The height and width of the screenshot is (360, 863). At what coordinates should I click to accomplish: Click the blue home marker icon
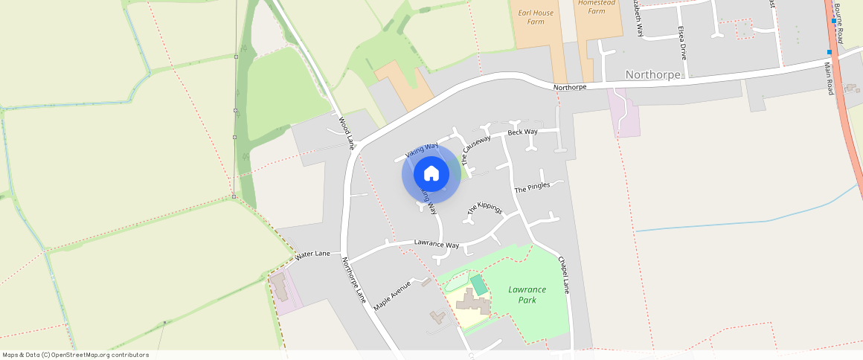pyautogui.click(x=431, y=174)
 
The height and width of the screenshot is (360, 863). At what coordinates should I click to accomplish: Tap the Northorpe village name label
pyautogui.click(x=653, y=74)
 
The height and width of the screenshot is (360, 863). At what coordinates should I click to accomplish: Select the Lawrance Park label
pyautogui.click(x=527, y=295)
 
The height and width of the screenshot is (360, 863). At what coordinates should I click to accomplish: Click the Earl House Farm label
pyautogui.click(x=531, y=17)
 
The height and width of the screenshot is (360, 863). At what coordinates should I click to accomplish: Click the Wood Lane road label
pyautogui.click(x=346, y=132)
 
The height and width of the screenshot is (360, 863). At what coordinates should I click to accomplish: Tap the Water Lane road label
pyautogui.click(x=312, y=254)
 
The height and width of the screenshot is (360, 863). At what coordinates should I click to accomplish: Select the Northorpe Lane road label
pyautogui.click(x=354, y=280)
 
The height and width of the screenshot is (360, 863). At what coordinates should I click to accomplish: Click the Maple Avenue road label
pyautogui.click(x=392, y=295)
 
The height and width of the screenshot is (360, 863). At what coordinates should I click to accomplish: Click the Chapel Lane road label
pyautogui.click(x=563, y=274)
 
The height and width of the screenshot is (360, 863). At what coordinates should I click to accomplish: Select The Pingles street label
pyautogui.click(x=532, y=187)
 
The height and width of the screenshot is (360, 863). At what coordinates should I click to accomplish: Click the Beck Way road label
pyautogui.click(x=522, y=132)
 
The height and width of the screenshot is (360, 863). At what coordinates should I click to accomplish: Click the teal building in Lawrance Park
pyautogui.click(x=479, y=284)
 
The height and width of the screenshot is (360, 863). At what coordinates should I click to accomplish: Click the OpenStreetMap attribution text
pyautogui.click(x=75, y=355)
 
